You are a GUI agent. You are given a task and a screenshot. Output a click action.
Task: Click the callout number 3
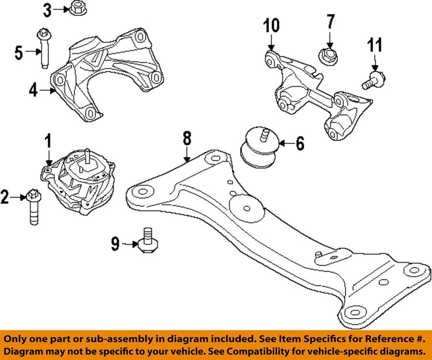[x=48, y=9]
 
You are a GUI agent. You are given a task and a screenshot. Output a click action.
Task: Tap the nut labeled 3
[x=75, y=9]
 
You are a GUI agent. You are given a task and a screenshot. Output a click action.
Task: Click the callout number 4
[x=33, y=90]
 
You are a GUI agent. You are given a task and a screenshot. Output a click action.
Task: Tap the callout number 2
[x=5, y=197]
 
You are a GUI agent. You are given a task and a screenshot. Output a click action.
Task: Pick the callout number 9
[x=115, y=244]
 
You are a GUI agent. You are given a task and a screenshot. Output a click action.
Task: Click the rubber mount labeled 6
[x=258, y=148]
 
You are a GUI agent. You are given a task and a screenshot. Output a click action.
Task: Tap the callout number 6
[x=299, y=144]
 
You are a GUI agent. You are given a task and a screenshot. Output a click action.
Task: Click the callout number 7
[x=331, y=21]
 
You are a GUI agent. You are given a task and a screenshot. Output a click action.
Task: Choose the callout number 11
[x=374, y=46]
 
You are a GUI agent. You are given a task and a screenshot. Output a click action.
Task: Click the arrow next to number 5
[x=32, y=52]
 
